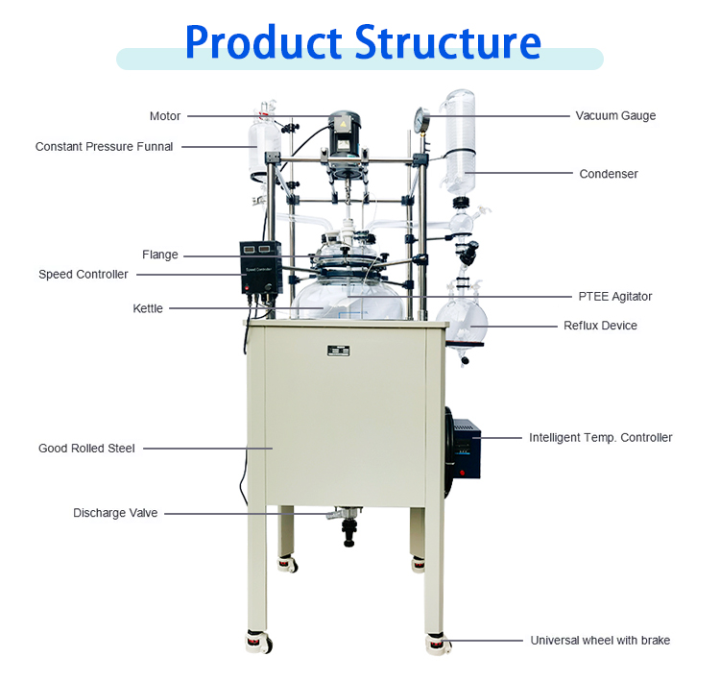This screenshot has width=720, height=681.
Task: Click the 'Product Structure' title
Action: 362,42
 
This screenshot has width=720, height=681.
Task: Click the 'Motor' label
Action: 164,116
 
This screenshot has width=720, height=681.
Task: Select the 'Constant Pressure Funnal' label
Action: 104,147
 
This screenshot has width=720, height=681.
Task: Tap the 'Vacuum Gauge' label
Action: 615,115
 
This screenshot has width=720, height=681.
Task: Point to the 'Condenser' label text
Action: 609,174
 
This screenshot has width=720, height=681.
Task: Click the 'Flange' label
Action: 159,255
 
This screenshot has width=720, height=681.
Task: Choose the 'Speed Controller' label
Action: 83,274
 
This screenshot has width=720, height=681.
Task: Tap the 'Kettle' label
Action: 148,308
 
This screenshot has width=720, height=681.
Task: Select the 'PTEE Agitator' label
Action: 615,297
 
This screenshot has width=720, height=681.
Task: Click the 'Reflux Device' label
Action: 600,326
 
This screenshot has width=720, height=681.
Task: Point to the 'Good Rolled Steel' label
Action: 86,448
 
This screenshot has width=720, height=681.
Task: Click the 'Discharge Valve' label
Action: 115,513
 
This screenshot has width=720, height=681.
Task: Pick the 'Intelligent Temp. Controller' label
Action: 600,437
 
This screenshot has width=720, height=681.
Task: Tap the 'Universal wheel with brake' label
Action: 600,640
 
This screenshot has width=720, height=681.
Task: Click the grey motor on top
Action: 342,134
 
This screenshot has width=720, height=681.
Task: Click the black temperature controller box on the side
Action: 470,447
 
